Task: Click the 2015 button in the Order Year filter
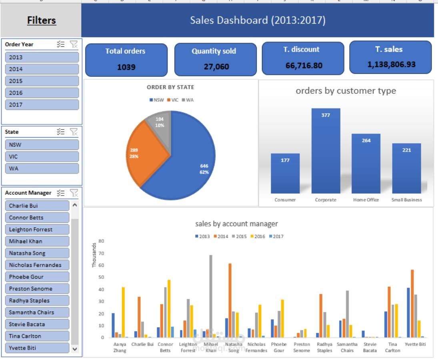pyautogui.click(x=42, y=81)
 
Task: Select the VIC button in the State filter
pyautogui.click(x=42, y=157)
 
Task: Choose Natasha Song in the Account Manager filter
pyautogui.click(x=37, y=253)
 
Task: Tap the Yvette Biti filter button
pyautogui.click(x=37, y=348)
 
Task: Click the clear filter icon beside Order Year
pyautogui.click(x=74, y=44)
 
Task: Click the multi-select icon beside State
pyautogui.click(x=61, y=132)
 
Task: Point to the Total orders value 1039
pyautogui.click(x=126, y=67)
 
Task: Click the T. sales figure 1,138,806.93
pyautogui.click(x=391, y=64)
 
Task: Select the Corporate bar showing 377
pyautogui.click(x=326, y=152)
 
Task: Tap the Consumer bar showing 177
pyautogui.click(x=285, y=174)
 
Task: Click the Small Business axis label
pyautogui.click(x=406, y=200)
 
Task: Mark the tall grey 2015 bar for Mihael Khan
pyautogui.click(x=211, y=296)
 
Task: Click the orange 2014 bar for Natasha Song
pyautogui.click(x=230, y=300)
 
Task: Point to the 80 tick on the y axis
pyautogui.click(x=101, y=241)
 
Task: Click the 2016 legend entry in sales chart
pyautogui.click(x=258, y=236)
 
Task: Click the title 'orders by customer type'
pyautogui.click(x=346, y=91)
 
